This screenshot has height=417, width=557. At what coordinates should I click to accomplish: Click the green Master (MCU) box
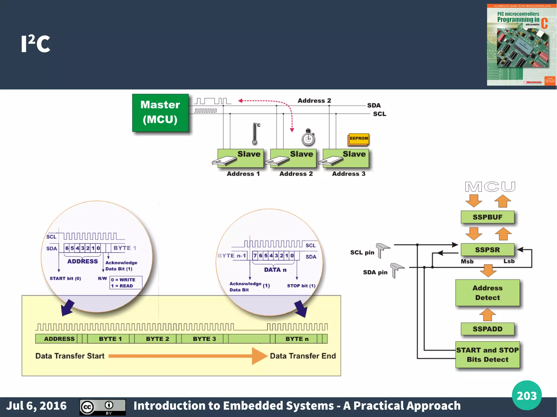160,112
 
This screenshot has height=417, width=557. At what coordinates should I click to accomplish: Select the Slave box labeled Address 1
241,158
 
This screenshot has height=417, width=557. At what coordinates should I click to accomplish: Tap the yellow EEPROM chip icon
358,139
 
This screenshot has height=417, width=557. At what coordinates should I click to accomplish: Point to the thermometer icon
255,133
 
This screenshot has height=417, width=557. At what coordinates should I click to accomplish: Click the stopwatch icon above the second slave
308,137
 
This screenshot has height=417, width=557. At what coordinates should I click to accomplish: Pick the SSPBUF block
487,217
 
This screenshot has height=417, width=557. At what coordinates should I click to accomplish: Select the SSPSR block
487,250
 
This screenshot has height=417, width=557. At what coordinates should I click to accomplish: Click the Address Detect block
487,293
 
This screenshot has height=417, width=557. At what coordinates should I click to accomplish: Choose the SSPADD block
487,329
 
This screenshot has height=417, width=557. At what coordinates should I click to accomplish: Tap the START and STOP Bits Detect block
487,355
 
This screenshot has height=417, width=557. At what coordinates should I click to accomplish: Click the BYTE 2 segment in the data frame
157,339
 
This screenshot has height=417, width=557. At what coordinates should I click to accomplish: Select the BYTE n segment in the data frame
297,339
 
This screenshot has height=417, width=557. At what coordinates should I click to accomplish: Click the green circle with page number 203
527,395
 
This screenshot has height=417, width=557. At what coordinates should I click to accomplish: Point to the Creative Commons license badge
103,407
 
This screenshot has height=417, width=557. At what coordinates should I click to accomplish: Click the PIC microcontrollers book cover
521,45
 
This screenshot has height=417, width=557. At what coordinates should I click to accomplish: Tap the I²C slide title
36,44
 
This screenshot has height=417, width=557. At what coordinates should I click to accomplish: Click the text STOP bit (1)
301,286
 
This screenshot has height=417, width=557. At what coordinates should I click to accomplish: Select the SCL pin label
362,252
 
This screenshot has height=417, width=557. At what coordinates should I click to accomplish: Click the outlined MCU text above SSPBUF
490,187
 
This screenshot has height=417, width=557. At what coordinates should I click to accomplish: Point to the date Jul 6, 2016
36,406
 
